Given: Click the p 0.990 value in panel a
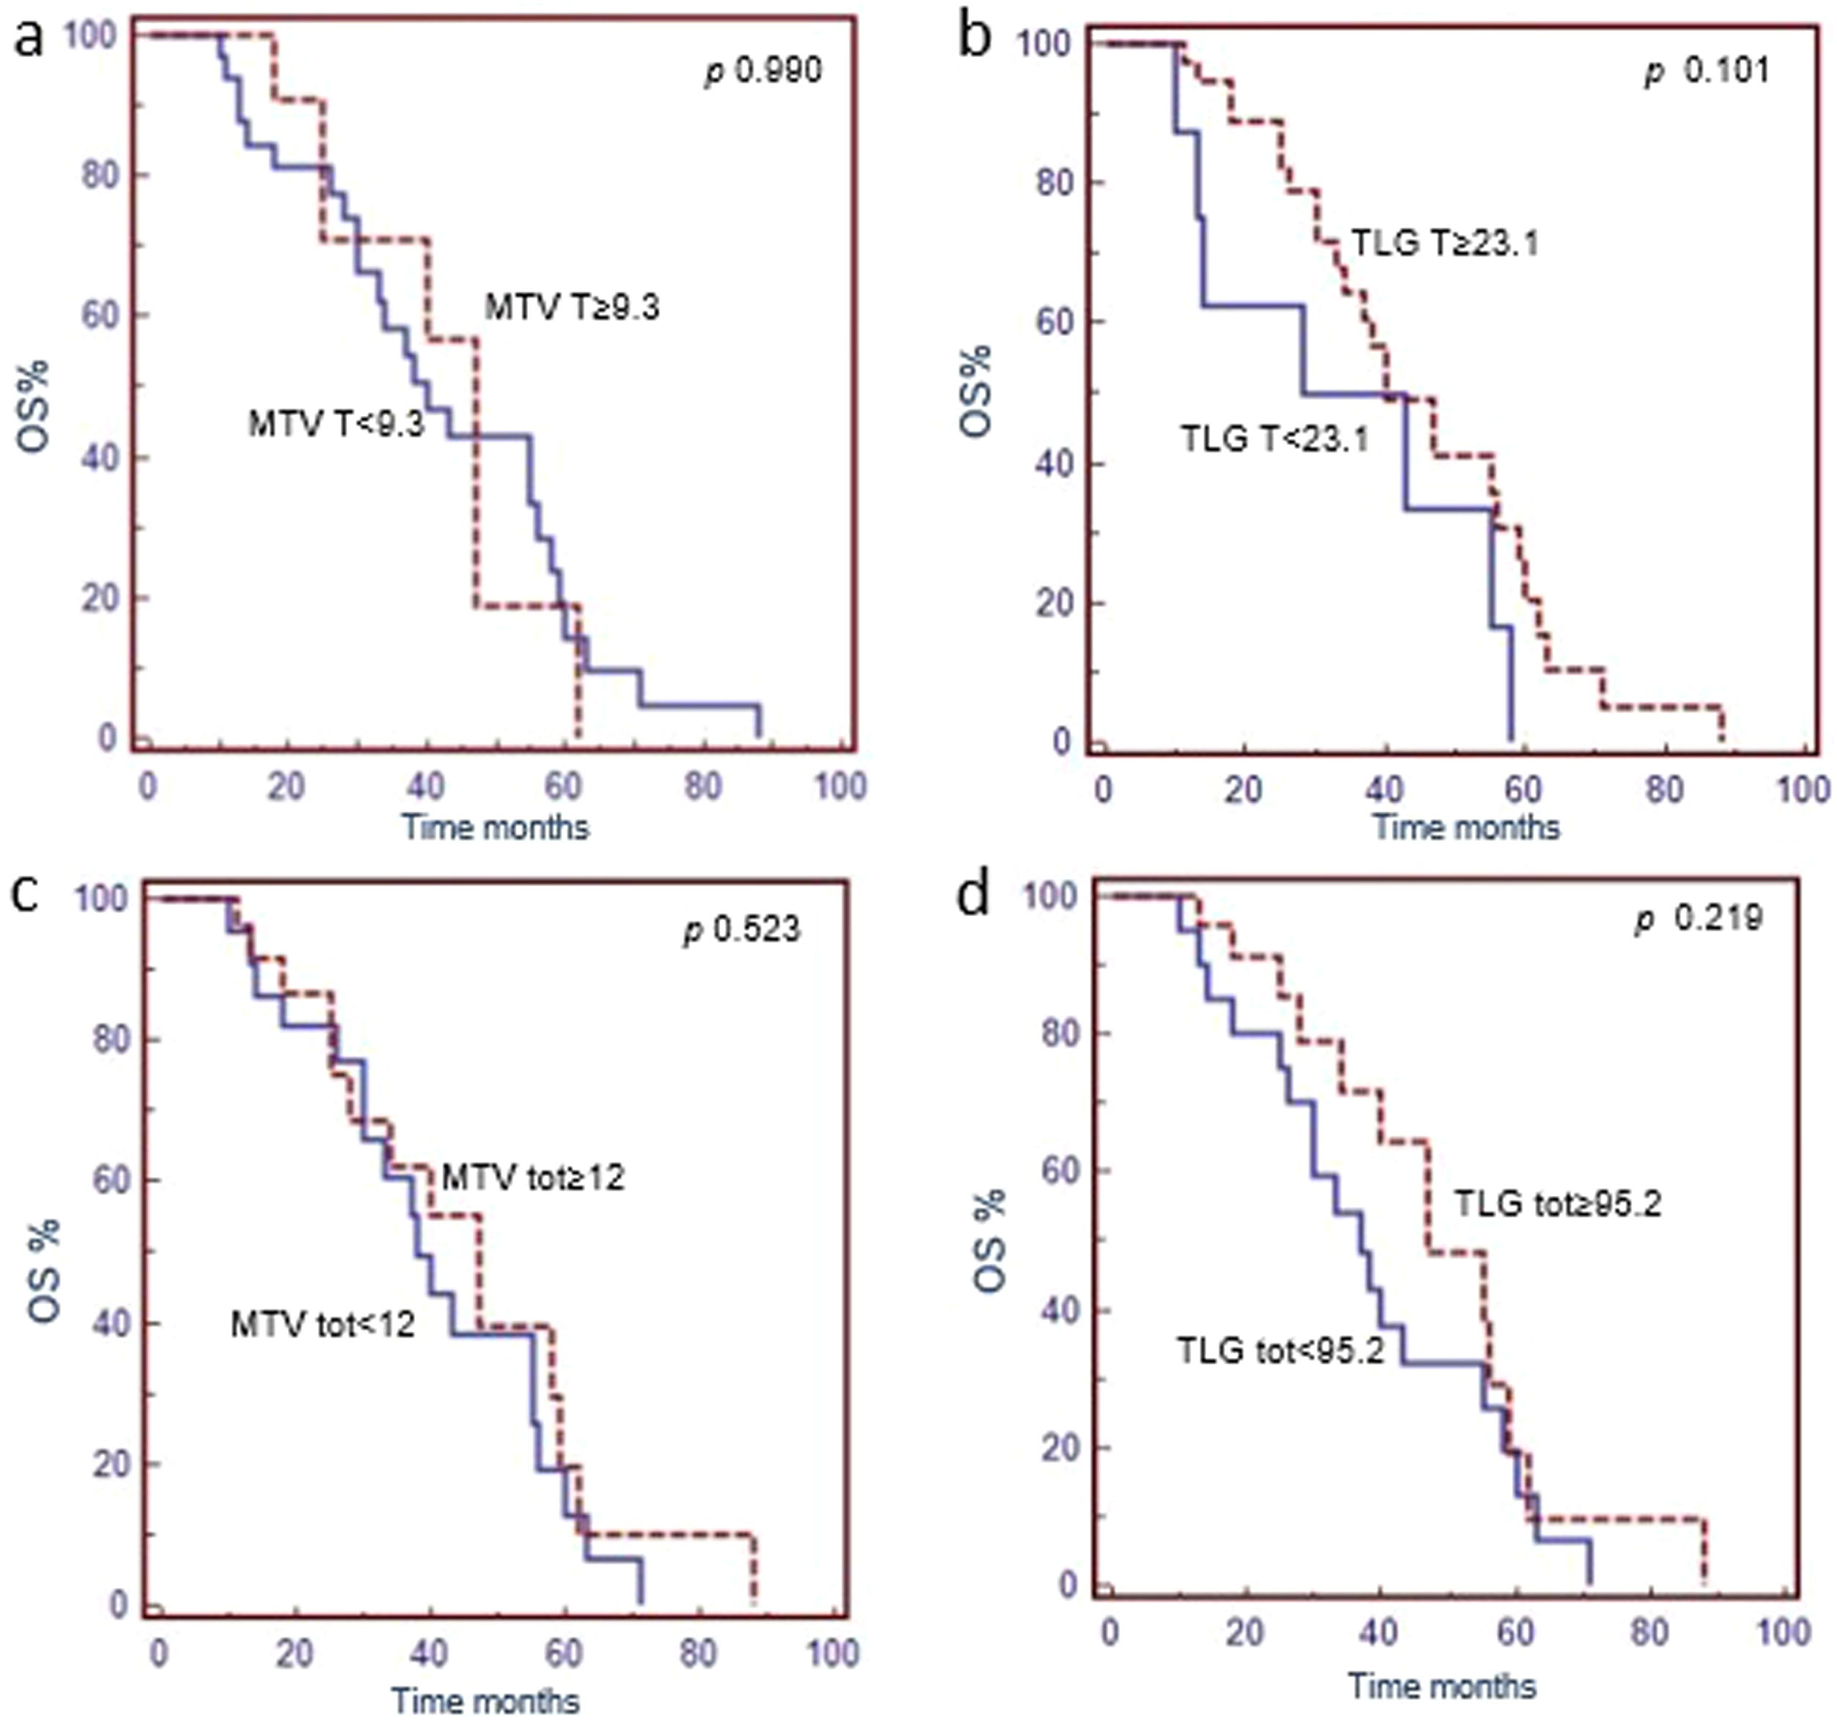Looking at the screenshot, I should click(763, 70).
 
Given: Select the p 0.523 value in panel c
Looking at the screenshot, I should click(742, 929).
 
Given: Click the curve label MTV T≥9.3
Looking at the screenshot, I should click(573, 308).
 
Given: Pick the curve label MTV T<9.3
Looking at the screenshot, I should click(336, 424).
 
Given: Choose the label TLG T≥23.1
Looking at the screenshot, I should click(1445, 244).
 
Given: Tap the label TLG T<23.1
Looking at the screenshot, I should click(1275, 439).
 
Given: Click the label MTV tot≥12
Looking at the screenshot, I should click(533, 1177).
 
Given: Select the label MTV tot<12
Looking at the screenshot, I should click(322, 1325).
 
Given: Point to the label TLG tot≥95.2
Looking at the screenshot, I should click(1558, 1204).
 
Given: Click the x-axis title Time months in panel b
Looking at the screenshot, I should click(1466, 826).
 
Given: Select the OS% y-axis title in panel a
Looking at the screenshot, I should click(34, 406).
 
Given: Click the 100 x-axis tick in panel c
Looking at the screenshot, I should click(833, 1653).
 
